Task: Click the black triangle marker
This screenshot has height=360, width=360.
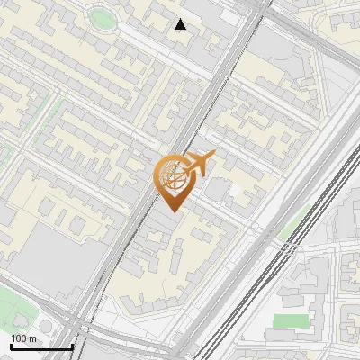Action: tap(181, 24)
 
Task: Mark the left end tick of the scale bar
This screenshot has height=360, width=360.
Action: tap(10, 346)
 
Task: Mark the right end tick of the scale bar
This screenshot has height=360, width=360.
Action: tap(72, 346)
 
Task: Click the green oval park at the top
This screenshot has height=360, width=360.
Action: tap(101, 17)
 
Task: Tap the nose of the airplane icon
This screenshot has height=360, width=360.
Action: tap(213, 157)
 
